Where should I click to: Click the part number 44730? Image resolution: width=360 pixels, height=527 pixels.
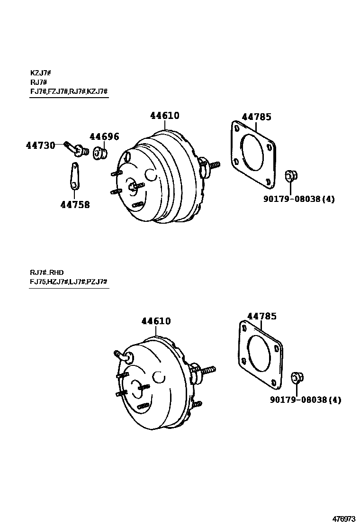pos(40,145)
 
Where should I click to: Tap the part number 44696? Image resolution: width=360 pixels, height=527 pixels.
pos(104,137)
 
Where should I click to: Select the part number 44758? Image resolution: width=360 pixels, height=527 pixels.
pos(75,205)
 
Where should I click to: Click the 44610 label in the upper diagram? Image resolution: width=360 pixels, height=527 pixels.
pos(165,116)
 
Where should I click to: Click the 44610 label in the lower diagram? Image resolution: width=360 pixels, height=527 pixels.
pos(156,321)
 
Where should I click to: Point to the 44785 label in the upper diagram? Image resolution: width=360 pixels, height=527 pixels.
pos(256,117)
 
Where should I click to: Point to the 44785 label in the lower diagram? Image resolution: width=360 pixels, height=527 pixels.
pos(261,316)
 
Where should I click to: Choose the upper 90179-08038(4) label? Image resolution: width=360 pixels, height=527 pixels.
pos(298,199)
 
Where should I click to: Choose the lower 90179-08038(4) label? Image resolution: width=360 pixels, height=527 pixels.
pos(305,400)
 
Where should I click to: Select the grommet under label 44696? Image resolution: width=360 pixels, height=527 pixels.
pos(100,154)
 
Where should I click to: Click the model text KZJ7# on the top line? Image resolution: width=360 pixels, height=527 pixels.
pos(40,73)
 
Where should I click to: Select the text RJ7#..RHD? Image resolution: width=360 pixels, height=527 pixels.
pos(46,273)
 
